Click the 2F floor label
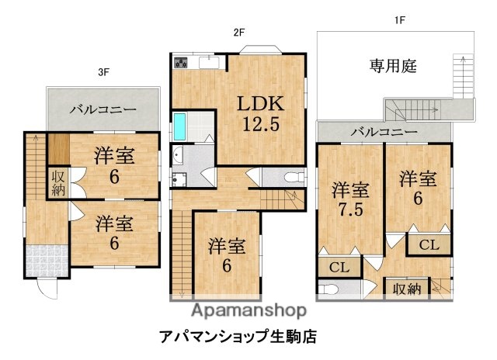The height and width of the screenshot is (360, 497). pyautogui.click(x=239, y=33)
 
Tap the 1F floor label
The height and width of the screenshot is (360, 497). pyautogui.click(x=398, y=21)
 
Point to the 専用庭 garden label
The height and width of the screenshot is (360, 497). pyautogui.click(x=393, y=67)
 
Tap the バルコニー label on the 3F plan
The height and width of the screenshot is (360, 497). pyautogui.click(x=103, y=109)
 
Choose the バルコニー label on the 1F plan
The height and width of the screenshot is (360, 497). pyautogui.click(x=384, y=133)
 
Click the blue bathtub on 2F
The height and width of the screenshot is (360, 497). pyautogui.click(x=180, y=125)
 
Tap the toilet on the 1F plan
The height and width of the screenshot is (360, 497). pyautogui.click(x=329, y=291)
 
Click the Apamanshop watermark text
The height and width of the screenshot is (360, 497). pyautogui.click(x=248, y=312)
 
